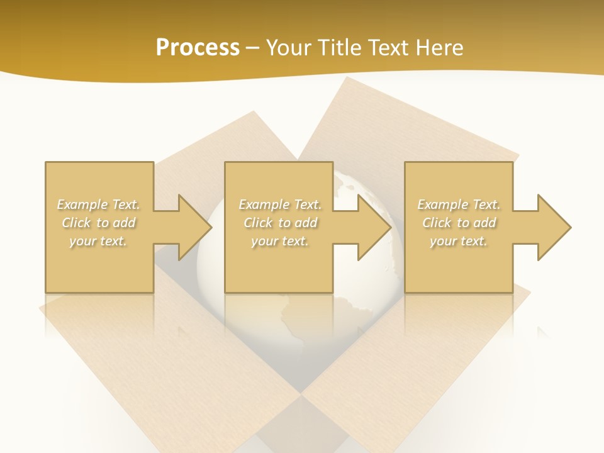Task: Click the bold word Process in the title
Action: pyautogui.click(x=198, y=48)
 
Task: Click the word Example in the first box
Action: pyautogui.click(x=82, y=204)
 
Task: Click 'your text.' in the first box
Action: pyautogui.click(x=98, y=241)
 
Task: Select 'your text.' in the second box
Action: pyautogui.click(x=280, y=241)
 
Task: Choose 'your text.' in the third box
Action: pyautogui.click(x=459, y=241)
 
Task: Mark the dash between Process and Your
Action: pyautogui.click(x=253, y=48)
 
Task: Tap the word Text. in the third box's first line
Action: pyautogui.click(x=486, y=204)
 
